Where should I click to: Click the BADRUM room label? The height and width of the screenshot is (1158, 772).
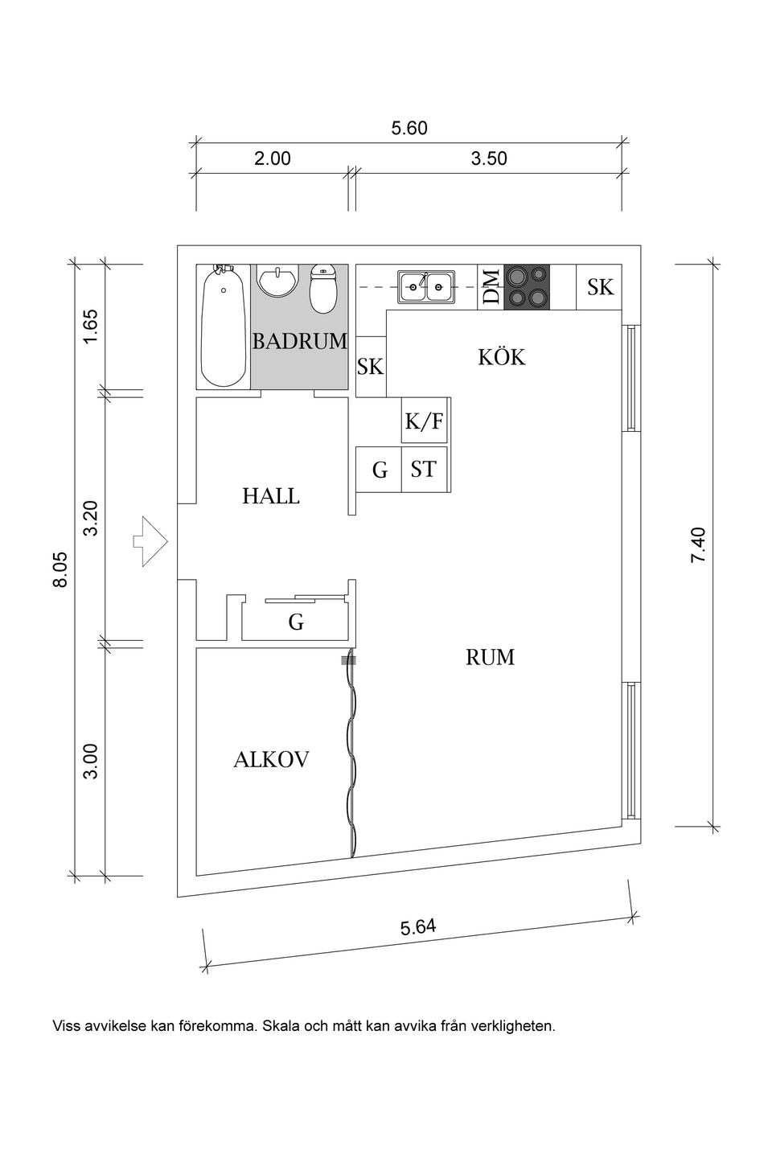[x=299, y=341]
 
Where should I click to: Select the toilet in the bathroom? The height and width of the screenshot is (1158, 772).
[x=322, y=289]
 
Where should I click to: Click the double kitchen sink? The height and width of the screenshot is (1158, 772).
[x=425, y=285]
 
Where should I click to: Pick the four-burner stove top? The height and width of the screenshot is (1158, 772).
[x=527, y=287]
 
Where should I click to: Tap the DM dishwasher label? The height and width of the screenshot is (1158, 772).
[x=491, y=287]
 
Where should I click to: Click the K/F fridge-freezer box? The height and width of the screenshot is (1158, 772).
[x=424, y=421]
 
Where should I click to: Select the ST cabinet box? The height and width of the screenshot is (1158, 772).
[x=424, y=470]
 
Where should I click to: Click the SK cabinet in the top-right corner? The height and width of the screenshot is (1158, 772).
[x=599, y=287]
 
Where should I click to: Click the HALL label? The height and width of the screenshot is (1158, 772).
[x=271, y=496]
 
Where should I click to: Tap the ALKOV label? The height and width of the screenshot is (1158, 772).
[x=271, y=759]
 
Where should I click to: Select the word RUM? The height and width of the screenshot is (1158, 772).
[x=490, y=658]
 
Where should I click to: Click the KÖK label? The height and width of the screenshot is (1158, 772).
[x=502, y=357]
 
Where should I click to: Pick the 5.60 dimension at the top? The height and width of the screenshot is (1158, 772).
[x=409, y=129]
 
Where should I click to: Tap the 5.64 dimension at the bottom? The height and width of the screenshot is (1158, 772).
[x=418, y=927]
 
